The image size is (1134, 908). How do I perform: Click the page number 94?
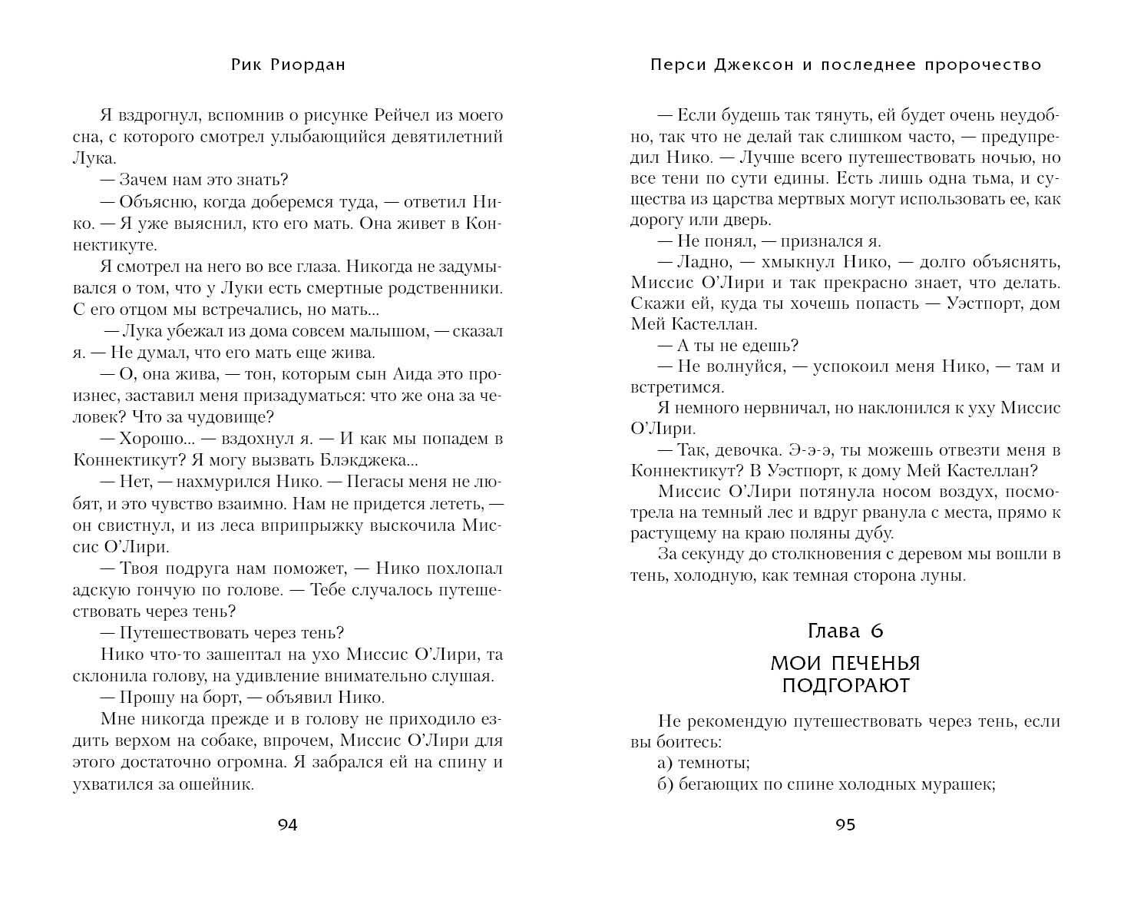[287, 825]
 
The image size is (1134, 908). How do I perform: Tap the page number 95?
[845, 825]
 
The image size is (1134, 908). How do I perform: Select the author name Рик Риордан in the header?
[288, 65]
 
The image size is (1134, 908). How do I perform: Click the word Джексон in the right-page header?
[756, 65]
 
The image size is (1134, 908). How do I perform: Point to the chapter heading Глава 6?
[845, 631]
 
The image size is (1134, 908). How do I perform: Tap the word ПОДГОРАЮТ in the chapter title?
[845, 685]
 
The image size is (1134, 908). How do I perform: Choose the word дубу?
[871, 532]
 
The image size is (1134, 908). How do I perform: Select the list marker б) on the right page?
[667, 784]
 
